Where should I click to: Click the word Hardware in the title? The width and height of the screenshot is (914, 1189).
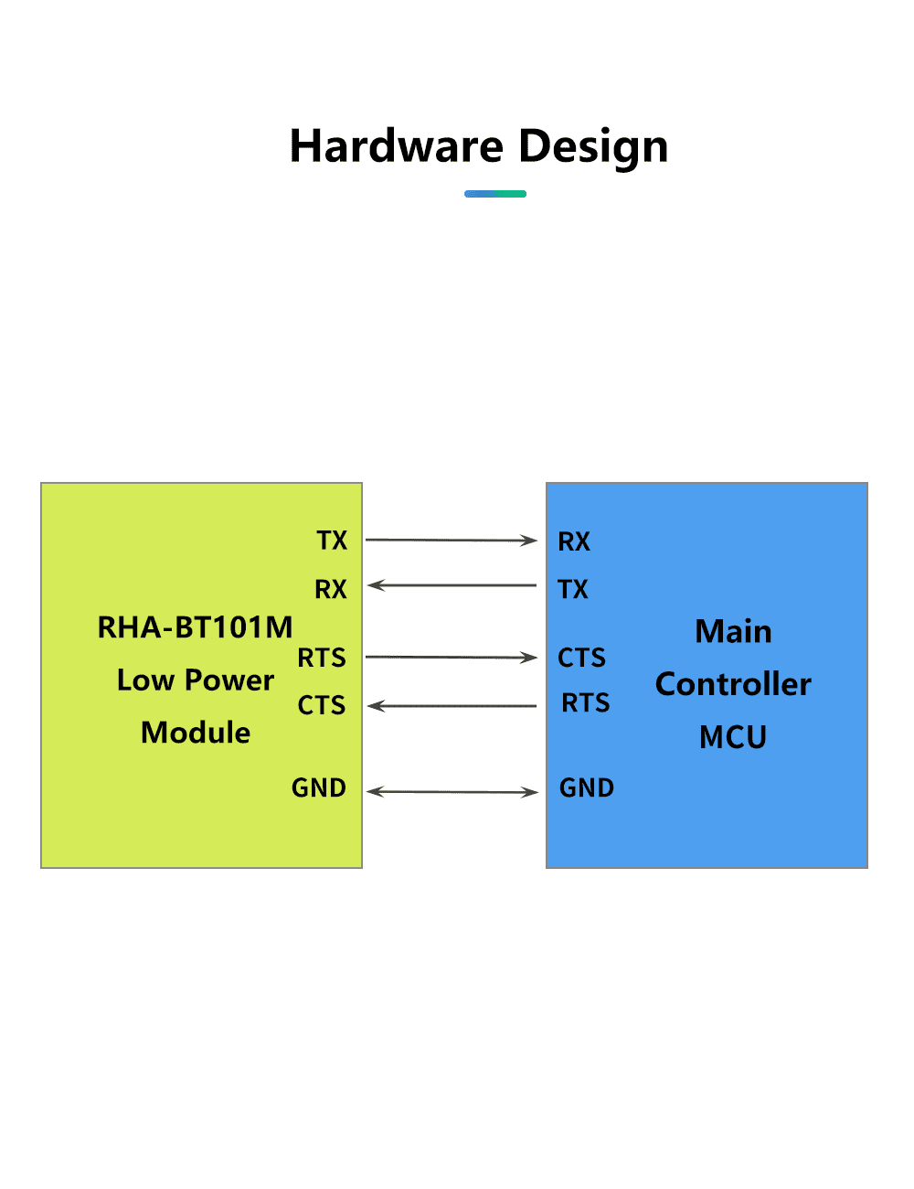[x=396, y=145]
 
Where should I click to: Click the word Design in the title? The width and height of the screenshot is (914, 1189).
[x=593, y=148]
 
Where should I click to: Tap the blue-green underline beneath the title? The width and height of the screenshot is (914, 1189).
[x=494, y=194]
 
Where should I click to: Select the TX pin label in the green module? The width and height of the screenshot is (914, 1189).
[x=331, y=540]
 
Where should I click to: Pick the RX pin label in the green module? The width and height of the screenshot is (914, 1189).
[x=331, y=589]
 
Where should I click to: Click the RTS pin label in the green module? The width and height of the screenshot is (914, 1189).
[x=322, y=657]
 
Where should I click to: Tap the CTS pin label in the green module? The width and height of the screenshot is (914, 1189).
[x=322, y=705]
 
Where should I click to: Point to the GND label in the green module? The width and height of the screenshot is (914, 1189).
[x=319, y=787]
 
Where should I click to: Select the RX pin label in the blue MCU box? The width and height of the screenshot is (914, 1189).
[x=574, y=541]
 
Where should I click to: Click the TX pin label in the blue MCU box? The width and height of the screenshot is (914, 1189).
[x=573, y=589]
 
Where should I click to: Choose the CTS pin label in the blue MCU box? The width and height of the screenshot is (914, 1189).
[x=581, y=657]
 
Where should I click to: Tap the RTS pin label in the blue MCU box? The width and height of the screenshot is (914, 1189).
[x=586, y=702]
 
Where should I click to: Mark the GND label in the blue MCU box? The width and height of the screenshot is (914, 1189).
[x=587, y=787]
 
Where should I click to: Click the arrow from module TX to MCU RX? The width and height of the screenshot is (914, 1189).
[x=452, y=540]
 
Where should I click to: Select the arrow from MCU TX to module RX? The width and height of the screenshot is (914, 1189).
[x=452, y=585]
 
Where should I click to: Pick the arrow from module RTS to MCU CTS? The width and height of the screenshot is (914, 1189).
[x=452, y=657]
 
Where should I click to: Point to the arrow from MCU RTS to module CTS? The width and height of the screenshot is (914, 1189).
[x=452, y=706]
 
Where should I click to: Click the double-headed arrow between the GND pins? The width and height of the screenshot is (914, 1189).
[x=452, y=792]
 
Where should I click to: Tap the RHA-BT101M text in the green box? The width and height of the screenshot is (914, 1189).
[x=196, y=627]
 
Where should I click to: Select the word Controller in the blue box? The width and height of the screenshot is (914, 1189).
[x=733, y=684]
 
